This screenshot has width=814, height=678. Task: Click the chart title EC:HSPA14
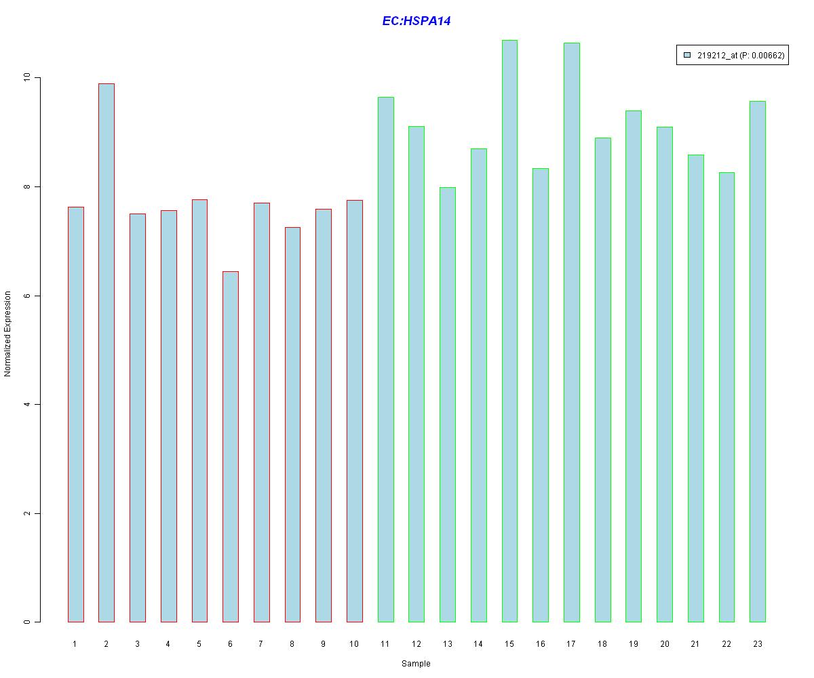pos(416,21)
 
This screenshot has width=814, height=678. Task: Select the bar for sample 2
pos(106,353)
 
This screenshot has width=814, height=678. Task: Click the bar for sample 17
pos(572,332)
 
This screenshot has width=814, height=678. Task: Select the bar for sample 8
pos(292,424)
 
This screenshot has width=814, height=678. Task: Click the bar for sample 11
pos(385,359)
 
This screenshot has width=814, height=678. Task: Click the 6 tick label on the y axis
pos(27,296)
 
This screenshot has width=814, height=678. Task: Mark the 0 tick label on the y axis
pos(27,622)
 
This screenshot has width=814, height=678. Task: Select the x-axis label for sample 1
pos(75,644)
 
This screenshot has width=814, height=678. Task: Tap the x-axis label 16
pos(541,644)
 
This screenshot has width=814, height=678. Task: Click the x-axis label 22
pos(726,644)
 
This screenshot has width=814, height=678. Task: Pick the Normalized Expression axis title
pos(8,334)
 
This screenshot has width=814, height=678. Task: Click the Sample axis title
pos(416,664)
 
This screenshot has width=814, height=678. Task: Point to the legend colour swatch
pos(687,56)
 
